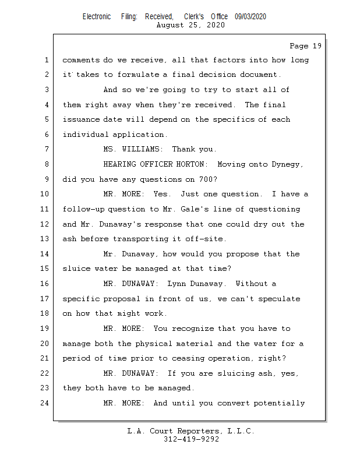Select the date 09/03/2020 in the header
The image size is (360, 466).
[x=250, y=17]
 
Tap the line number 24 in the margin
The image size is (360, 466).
[x=45, y=403]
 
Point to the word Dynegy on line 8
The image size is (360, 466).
[x=287, y=164]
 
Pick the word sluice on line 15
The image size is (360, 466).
[x=76, y=269]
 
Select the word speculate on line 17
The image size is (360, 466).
[x=280, y=299]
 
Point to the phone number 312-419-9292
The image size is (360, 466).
[x=191, y=440]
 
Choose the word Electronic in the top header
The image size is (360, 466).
[x=97, y=17]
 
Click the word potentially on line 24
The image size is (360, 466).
[x=282, y=403]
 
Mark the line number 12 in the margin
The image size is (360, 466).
[x=45, y=224]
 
